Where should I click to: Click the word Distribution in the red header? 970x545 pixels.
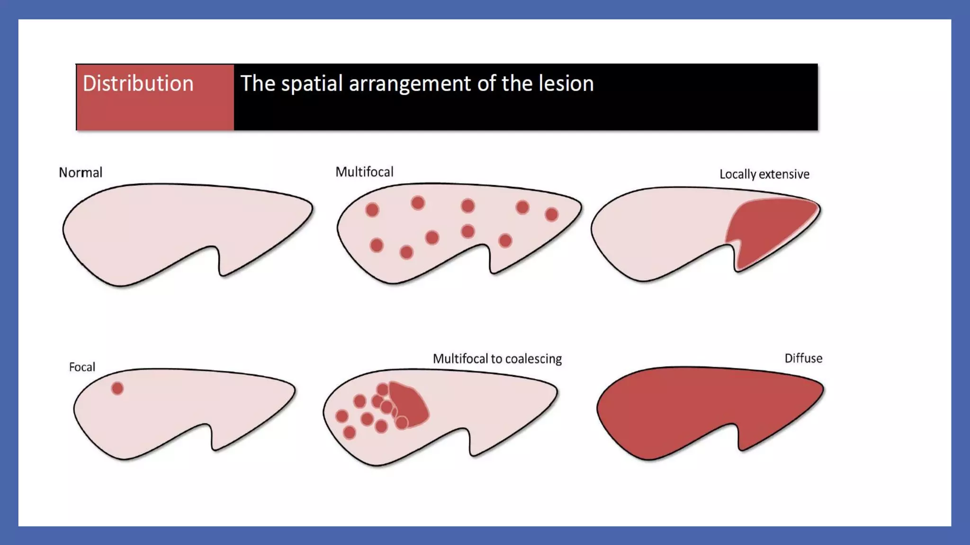coord(138,84)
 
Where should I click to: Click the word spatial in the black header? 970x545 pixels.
coord(312,84)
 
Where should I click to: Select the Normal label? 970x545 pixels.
coord(81,173)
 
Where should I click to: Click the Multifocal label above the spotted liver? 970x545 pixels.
coord(364,172)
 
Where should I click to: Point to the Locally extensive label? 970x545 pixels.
coord(764,175)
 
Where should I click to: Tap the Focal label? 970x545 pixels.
coord(82,367)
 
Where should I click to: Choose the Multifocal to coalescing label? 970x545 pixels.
coord(497,359)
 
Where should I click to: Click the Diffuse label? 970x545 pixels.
coord(803,358)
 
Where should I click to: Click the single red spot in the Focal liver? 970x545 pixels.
coord(117,388)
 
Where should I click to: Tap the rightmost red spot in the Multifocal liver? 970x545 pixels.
coord(551,215)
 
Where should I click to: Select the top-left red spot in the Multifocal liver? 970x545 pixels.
coord(372,210)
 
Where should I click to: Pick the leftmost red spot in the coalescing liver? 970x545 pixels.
coord(342,416)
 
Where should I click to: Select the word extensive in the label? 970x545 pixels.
coord(784,175)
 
